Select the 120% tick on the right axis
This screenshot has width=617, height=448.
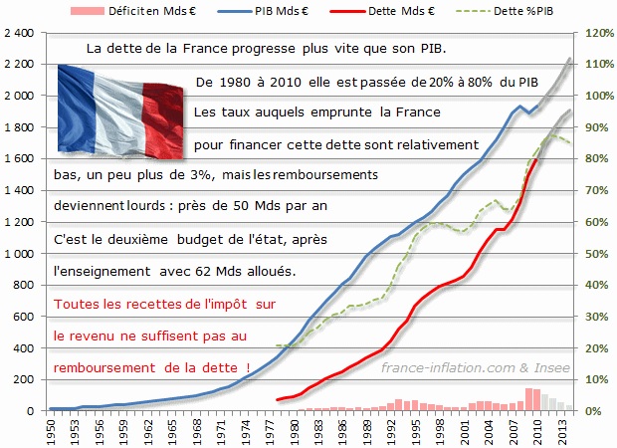coord(597,33)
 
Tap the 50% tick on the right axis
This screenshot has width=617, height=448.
coord(595,254)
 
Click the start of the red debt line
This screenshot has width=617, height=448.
coord(278,400)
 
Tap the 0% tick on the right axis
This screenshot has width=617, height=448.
coord(592,411)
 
